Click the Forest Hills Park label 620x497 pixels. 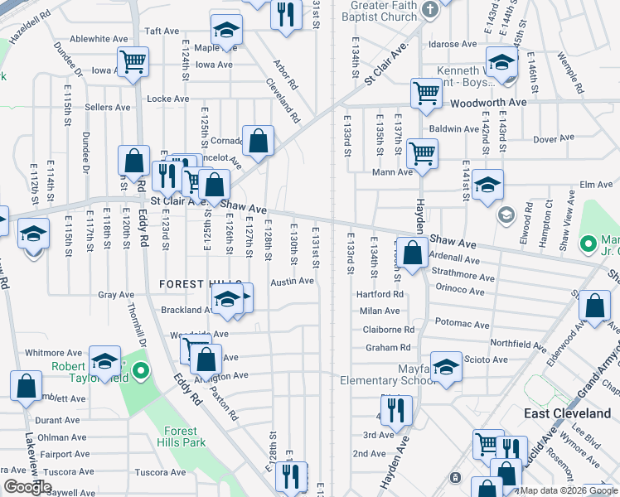point(181,437)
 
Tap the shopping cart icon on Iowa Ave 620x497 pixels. point(133,60)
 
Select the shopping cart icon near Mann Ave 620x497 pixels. point(423,153)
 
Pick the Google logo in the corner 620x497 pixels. point(27,487)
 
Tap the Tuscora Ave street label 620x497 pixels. point(158,472)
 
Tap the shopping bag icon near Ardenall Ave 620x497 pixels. point(412,251)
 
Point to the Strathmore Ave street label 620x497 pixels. point(459,273)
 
